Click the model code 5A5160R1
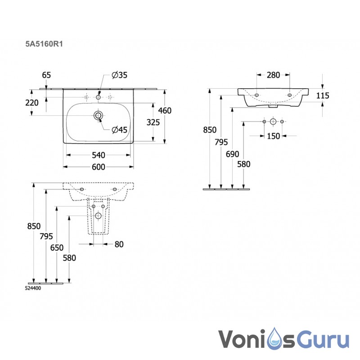point(44,44)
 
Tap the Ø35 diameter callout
point(119,75)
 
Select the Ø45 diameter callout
point(119,130)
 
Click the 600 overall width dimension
point(99,167)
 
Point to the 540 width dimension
point(99,155)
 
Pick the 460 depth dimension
point(165,111)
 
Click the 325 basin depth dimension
point(153,122)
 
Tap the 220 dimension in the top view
point(32,103)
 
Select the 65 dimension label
point(46,75)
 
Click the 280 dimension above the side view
point(273,75)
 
